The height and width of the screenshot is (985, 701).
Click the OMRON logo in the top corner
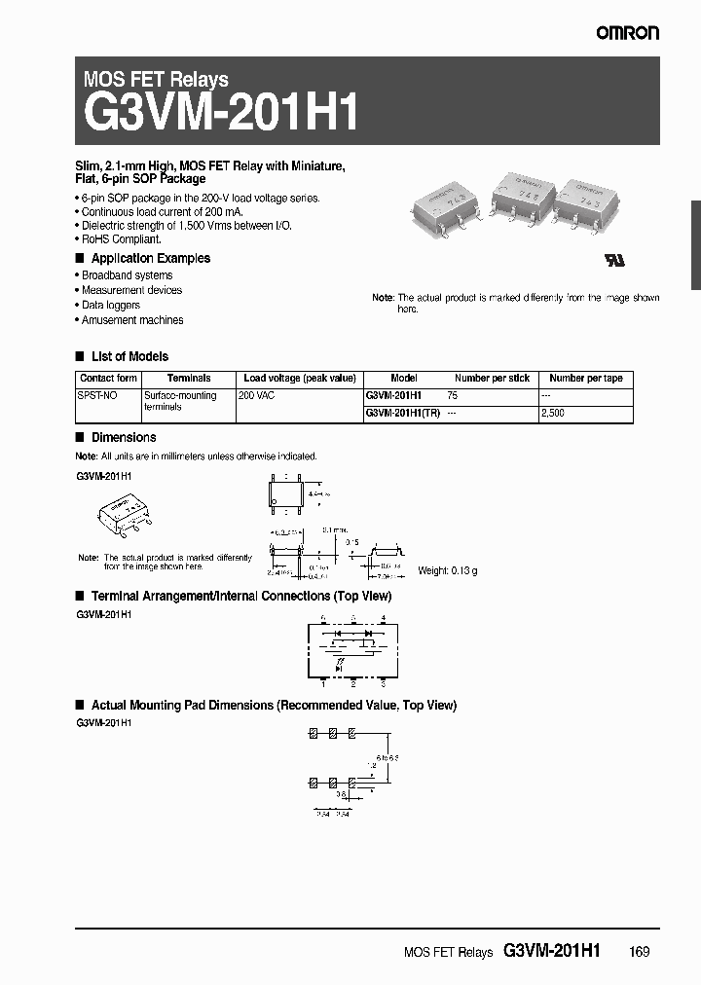click(628, 33)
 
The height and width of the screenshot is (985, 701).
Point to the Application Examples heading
click(150, 258)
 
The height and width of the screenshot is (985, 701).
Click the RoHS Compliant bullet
click(121, 238)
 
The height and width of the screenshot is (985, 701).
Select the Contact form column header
click(108, 378)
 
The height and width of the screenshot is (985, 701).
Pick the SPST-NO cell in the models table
click(96, 395)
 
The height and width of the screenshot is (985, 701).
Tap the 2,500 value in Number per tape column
click(552, 413)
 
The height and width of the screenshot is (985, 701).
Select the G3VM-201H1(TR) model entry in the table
click(403, 413)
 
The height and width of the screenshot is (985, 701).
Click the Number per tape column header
click(585, 378)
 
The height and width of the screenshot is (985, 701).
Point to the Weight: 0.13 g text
click(447, 570)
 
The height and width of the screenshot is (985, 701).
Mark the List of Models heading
click(129, 356)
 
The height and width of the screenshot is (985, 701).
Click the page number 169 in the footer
click(638, 951)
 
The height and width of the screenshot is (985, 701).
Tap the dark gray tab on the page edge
click(695, 244)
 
